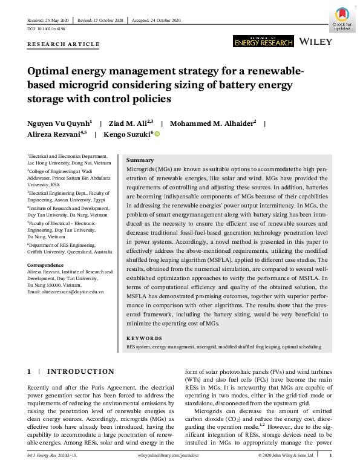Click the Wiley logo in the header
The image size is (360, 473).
(315, 41)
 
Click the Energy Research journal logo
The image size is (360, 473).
(263, 41)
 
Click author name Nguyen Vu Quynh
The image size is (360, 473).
(59, 123)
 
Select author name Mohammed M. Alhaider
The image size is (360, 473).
(212, 123)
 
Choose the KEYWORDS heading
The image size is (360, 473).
(144, 338)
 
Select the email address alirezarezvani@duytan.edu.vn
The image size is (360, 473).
(70, 292)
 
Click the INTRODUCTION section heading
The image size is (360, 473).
(80, 371)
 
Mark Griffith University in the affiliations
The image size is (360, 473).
(47, 251)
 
